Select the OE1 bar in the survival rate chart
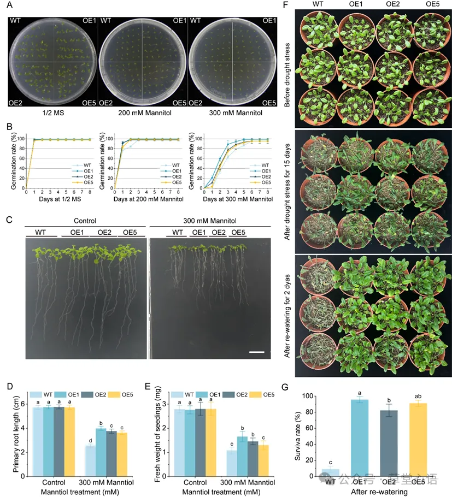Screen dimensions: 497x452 click(x=359, y=437)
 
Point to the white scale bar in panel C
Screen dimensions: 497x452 click(x=256, y=352)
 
